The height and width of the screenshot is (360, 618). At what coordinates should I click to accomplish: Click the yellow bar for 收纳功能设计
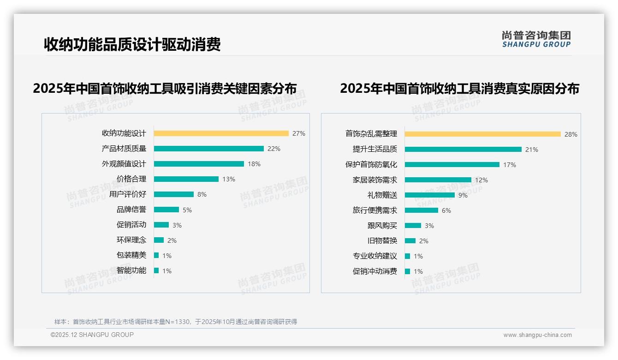tap(221, 133)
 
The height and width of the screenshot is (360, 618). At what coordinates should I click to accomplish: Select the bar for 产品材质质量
tap(208, 149)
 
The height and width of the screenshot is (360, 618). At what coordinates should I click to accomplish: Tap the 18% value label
tap(254, 164)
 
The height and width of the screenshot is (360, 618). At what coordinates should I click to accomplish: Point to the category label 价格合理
tap(131, 179)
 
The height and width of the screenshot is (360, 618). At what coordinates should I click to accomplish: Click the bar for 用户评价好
tap(173, 194)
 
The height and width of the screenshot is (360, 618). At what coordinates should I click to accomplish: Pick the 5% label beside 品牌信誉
tap(187, 210)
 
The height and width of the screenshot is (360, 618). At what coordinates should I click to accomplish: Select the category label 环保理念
tap(131, 240)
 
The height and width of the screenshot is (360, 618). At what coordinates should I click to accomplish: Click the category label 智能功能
tap(131, 270)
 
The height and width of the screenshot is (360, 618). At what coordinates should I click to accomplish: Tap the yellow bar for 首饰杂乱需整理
tap(482, 134)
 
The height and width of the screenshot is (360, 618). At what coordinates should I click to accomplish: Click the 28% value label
tap(570, 135)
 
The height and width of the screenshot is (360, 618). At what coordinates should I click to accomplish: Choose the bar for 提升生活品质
tap(463, 150)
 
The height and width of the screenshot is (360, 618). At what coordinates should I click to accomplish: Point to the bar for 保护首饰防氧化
tap(452, 165)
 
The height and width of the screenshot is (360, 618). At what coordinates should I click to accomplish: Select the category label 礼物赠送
tap(382, 195)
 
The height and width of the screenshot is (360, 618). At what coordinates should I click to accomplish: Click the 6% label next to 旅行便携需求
tap(446, 210)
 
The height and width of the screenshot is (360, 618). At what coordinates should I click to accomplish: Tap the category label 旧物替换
tap(382, 241)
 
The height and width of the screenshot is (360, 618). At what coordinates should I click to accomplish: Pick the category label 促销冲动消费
tap(374, 271)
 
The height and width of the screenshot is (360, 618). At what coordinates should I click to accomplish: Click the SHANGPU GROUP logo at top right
tap(536, 39)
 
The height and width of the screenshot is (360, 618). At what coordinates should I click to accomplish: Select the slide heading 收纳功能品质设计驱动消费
tap(132, 44)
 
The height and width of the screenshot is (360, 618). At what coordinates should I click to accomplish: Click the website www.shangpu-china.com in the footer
tap(537, 335)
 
